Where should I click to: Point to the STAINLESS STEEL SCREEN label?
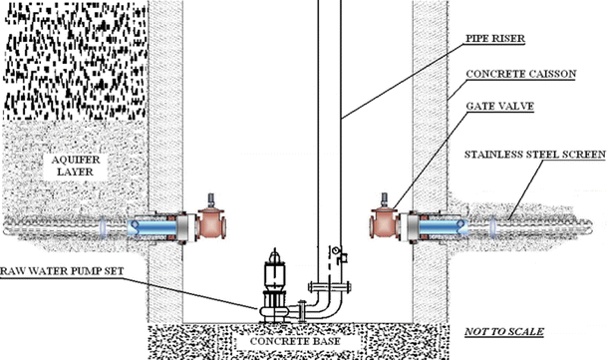(x=534, y=156)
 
